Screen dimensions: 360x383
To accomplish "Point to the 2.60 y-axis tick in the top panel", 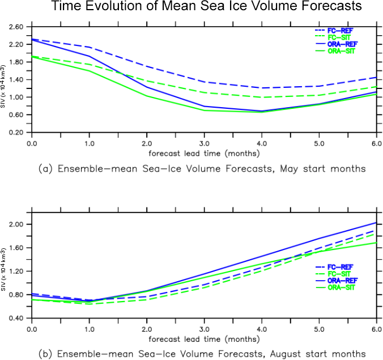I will pyautogui.click(x=16, y=27).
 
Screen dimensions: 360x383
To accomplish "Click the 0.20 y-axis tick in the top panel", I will pyautogui.click(x=16, y=133).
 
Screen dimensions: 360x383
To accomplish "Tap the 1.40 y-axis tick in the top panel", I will pyautogui.click(x=16, y=80).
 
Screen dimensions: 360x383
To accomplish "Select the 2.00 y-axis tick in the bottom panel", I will pyautogui.click(x=16, y=225).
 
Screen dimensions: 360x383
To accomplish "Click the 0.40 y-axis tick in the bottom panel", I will pyautogui.click(x=16, y=319).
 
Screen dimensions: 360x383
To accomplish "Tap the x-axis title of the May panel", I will pyautogui.click(x=205, y=153).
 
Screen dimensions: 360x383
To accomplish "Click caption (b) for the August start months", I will pyautogui.click(x=205, y=353).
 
